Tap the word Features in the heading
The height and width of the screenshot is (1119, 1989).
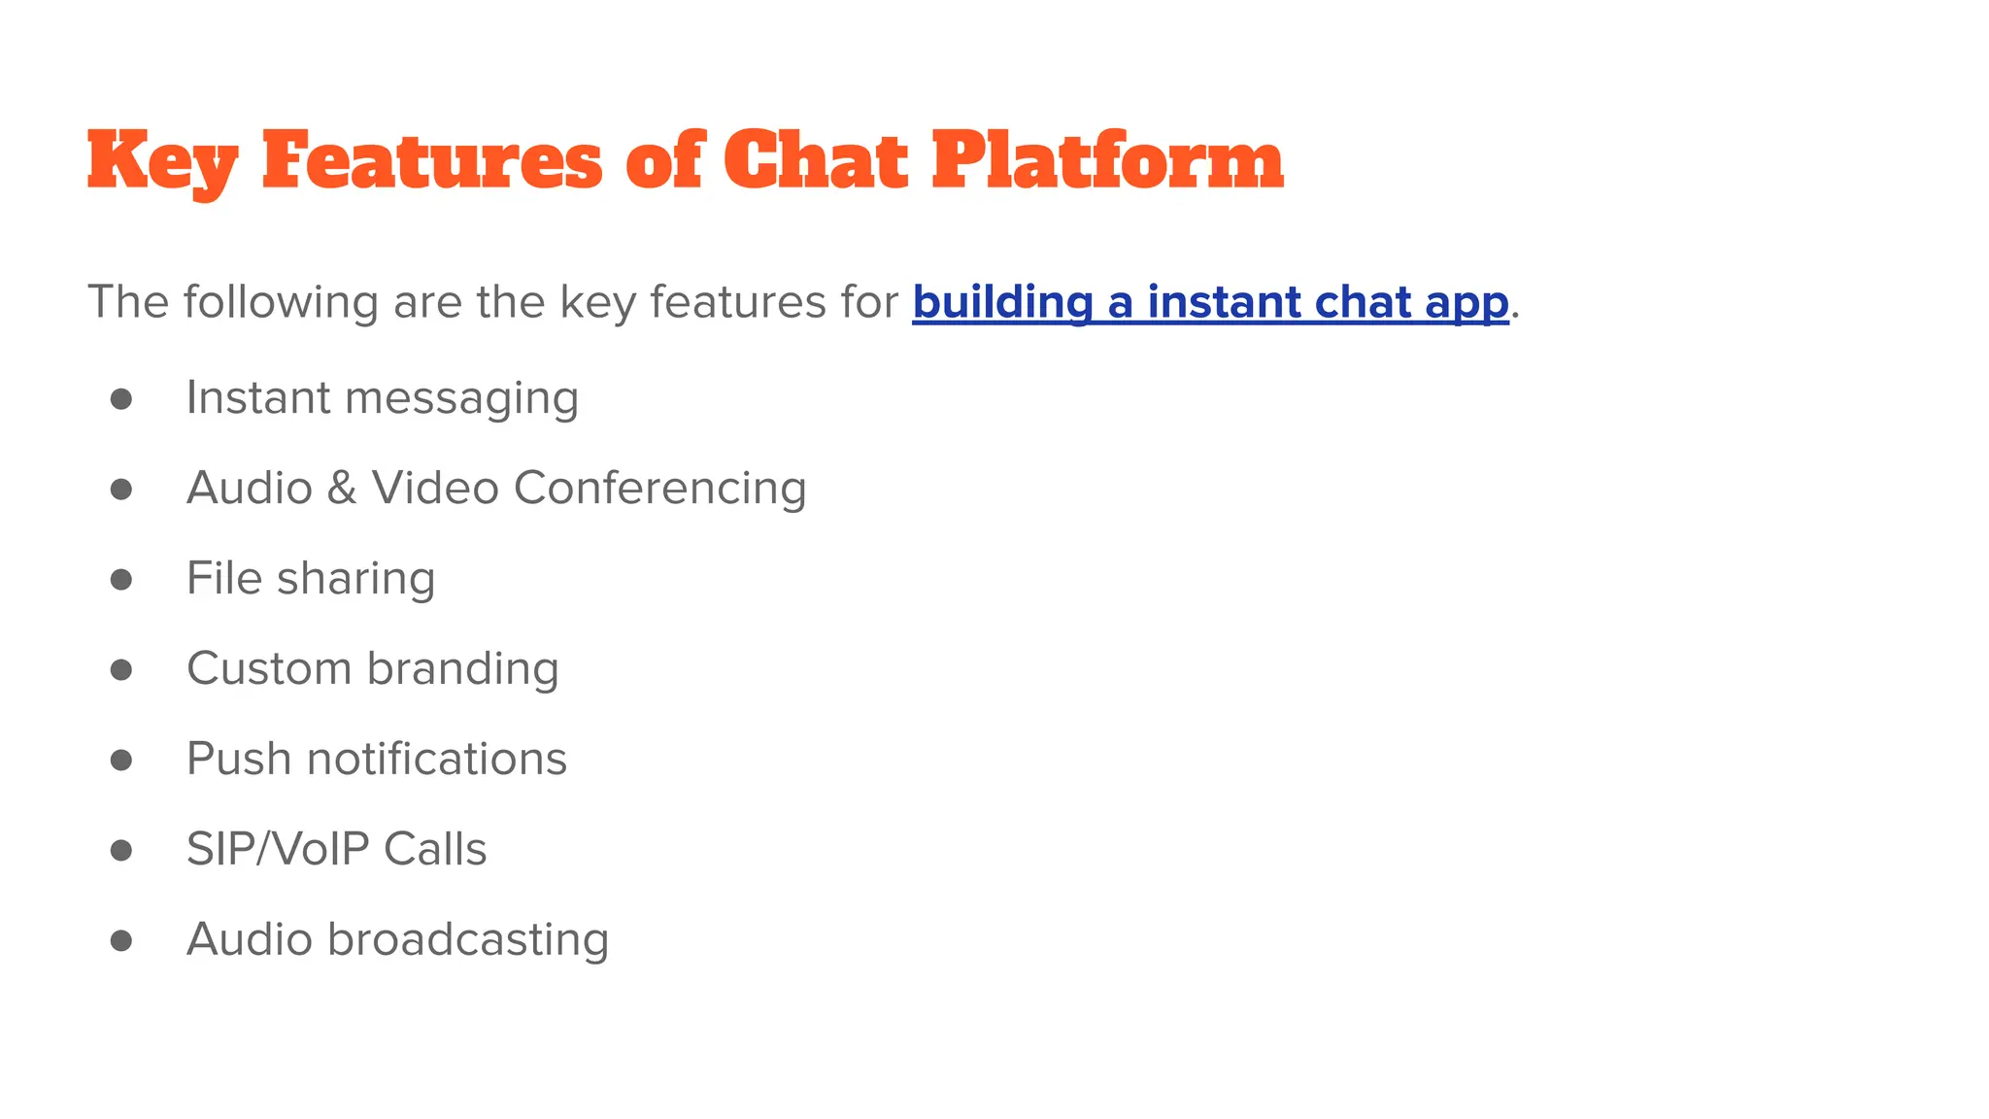[432, 161]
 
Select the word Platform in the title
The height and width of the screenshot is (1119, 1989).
[1107, 161]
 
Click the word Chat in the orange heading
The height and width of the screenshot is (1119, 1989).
[816, 161]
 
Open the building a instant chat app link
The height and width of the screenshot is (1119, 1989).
[1210, 302]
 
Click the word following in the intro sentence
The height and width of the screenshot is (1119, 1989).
[281, 302]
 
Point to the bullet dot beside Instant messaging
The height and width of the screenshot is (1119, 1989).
[121, 399]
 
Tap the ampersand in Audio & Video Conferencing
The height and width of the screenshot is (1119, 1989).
[342, 488]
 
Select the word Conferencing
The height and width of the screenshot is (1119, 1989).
[660, 488]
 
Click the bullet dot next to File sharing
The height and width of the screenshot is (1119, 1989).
[121, 580]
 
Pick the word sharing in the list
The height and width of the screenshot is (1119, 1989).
[355, 580]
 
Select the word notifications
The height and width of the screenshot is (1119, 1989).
[437, 759]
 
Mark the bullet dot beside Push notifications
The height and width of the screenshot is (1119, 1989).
[121, 760]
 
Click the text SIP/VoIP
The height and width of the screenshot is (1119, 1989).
[278, 849]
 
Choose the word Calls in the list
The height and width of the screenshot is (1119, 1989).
[435, 849]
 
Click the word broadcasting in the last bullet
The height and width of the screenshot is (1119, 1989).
[468, 939]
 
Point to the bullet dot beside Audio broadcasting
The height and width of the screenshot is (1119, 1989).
[121, 940]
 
